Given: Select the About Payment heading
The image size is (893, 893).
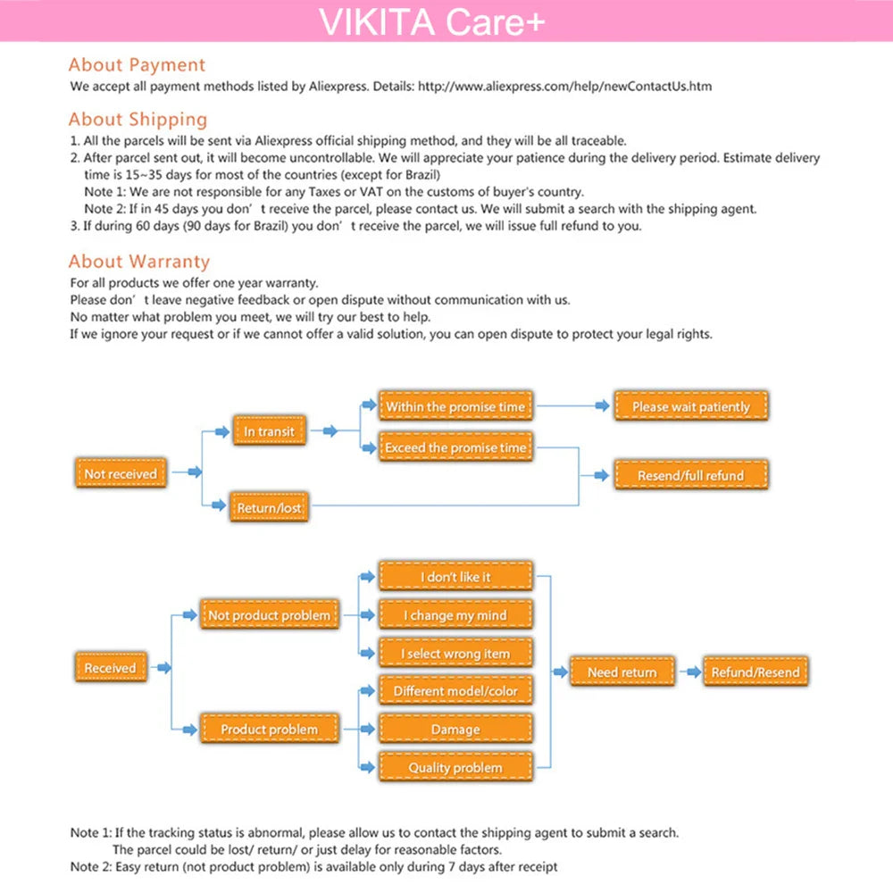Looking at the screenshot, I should coord(137,65).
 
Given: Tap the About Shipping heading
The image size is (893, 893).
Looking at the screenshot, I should coord(138,120).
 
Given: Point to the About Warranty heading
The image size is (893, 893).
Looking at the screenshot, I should coord(139,262).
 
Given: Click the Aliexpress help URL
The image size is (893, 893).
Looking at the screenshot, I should coord(564,87).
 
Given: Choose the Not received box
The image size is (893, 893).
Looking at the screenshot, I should coord(120,473).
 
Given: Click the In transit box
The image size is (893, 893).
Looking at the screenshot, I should coord(270,431).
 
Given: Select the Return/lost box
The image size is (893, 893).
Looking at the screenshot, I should coord(269,508).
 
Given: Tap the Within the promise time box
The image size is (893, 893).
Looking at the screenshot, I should coord(455,407).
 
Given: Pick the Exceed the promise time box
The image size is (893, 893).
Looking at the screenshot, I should coord(455,447).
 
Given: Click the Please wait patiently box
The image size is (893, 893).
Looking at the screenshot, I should coord(691,407).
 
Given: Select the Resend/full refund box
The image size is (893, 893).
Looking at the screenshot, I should coord(690,476).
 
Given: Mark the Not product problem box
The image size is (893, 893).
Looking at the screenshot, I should coord(269,615).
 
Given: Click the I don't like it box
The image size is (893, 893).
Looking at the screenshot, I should coord(455,577).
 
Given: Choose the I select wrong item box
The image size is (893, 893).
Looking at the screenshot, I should coord(455,654).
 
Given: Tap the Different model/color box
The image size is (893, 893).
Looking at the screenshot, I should coord(455,691).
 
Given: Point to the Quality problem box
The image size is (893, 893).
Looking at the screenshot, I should coord(455,768).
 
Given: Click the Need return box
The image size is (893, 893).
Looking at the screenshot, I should coord(622,672).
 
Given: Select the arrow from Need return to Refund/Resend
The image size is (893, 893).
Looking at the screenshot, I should coord(689,672).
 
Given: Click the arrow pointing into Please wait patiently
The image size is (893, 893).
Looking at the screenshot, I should coord(601,407).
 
